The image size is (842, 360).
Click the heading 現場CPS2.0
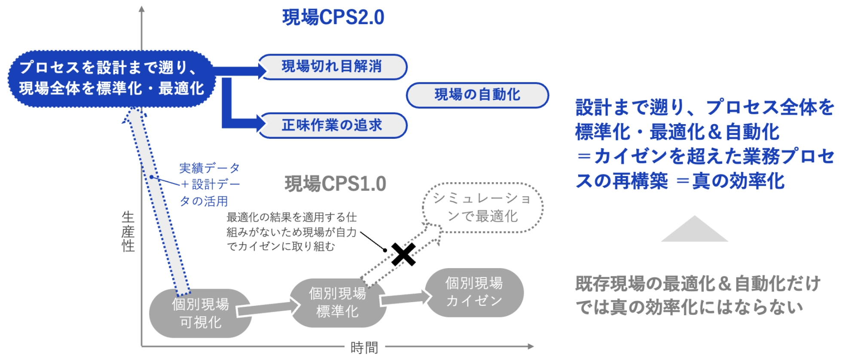click(333, 17)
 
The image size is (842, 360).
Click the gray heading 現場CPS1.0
click(335, 184)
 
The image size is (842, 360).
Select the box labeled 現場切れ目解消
click(332, 67)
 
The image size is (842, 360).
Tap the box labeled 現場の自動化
click(477, 95)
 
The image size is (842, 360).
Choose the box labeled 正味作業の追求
click(332, 125)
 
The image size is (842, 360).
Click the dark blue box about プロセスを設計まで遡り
click(111, 78)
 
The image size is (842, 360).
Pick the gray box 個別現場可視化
click(200, 313)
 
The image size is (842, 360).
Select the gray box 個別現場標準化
click(337, 302)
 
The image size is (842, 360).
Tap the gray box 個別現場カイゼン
click(474, 292)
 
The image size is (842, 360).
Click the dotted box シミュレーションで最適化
click(482, 207)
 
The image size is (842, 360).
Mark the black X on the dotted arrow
click(403, 254)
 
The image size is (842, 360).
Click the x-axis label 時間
click(364, 347)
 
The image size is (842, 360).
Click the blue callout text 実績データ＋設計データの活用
click(209, 184)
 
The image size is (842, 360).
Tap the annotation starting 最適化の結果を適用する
click(291, 232)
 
